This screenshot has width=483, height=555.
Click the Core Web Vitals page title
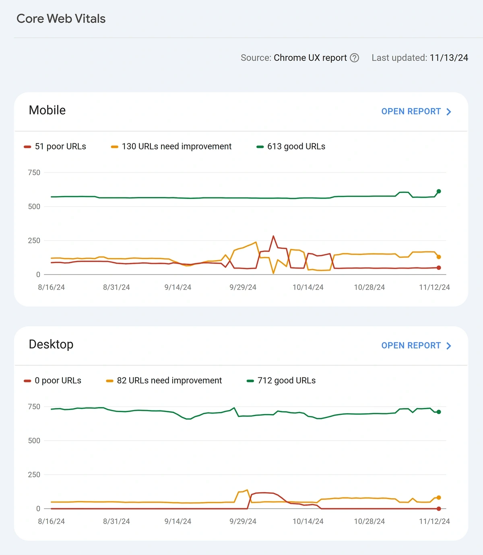[x=61, y=19]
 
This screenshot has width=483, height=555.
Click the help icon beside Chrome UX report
[x=354, y=58]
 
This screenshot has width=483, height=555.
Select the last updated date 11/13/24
[x=449, y=58]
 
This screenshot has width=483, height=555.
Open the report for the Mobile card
[x=416, y=112]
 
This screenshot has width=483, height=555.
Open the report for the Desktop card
[x=416, y=346]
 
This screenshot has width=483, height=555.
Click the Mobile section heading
[x=47, y=110]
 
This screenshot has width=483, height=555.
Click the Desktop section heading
[x=51, y=344]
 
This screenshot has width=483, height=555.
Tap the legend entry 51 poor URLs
[x=55, y=147]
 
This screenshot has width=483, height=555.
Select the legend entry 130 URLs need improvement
[x=171, y=147]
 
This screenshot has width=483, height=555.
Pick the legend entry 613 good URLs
[x=291, y=147]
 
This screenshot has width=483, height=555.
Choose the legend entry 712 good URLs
[x=281, y=381]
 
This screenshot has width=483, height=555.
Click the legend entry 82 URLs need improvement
[x=164, y=381]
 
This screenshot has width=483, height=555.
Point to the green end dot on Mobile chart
[x=439, y=191]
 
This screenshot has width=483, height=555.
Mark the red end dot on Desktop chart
[x=439, y=509]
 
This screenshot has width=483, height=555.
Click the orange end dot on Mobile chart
[x=439, y=257]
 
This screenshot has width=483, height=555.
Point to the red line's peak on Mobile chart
[x=273, y=236]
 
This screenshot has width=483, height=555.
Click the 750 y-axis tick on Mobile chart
[x=34, y=172]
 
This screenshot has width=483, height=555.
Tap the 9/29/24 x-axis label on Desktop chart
[x=243, y=521]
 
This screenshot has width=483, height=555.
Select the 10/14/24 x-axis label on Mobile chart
[x=308, y=287]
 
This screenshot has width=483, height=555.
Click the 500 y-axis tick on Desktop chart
[x=34, y=441]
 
